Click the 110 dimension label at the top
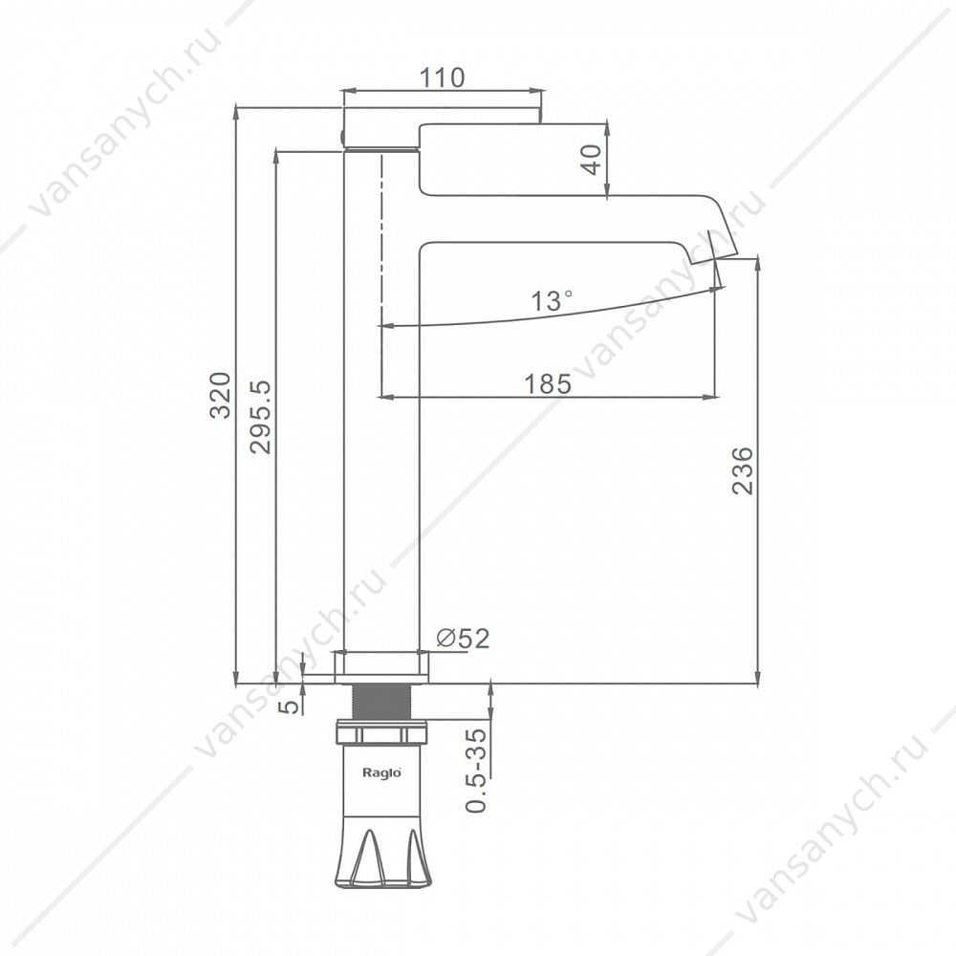click(443, 77)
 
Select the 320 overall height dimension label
click(220, 395)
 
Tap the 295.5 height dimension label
click(260, 417)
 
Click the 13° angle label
click(552, 300)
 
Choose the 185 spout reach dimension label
click(548, 384)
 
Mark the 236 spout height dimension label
click(743, 470)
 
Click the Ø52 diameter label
click(464, 639)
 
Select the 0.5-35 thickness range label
click(476, 771)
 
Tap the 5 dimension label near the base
click(292, 706)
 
